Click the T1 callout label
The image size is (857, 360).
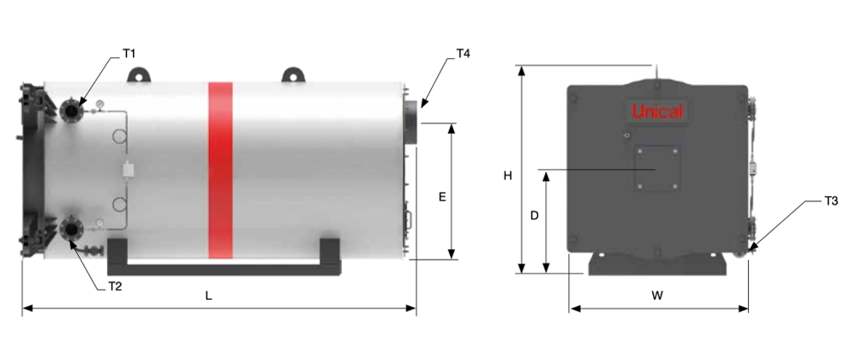pos(129,53)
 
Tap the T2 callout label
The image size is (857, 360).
pos(115,285)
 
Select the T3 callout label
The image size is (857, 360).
pos(830,201)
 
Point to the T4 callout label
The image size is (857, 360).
pos(463,53)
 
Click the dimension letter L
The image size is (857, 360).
pos(208,296)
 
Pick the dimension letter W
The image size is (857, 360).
pos(657,296)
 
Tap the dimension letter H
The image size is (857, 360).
pos(507,176)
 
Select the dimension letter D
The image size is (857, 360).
pos(535,216)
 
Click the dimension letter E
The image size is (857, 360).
pos(443,196)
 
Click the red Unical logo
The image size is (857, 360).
pos(657,111)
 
